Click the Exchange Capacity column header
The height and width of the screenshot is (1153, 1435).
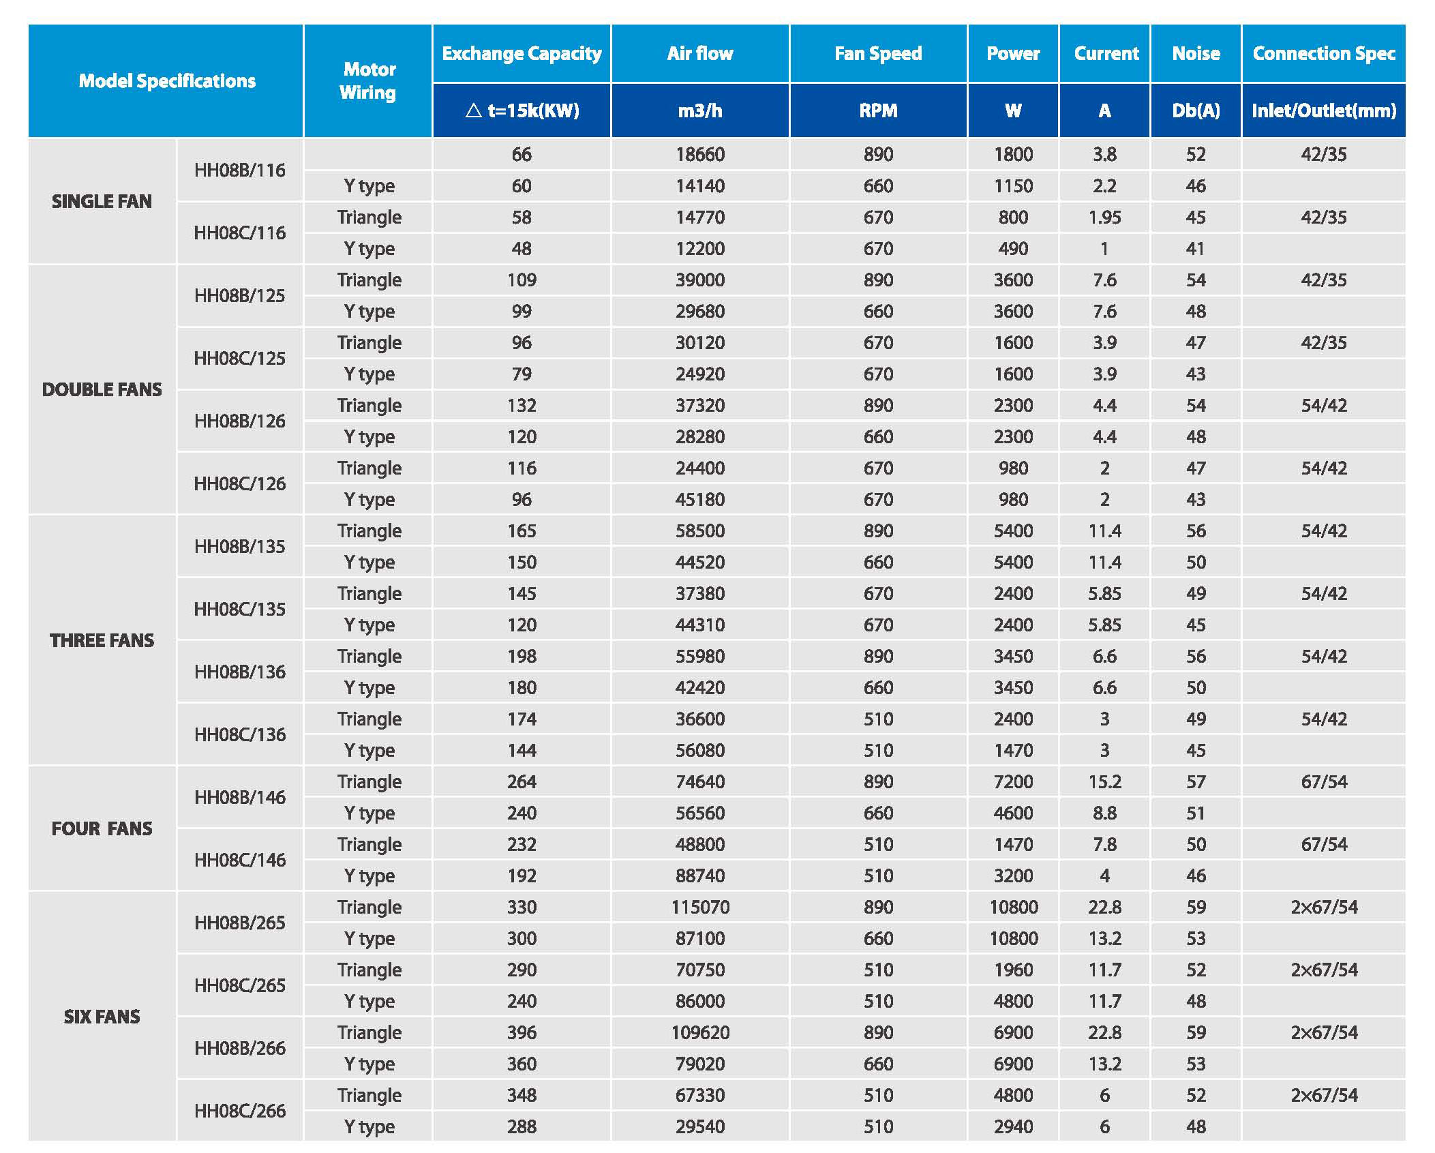tap(522, 53)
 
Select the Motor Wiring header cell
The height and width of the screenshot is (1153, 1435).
tap(368, 80)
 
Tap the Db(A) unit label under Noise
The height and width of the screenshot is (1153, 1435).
tap(1196, 110)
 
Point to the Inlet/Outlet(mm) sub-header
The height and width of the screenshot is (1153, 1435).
tap(1323, 110)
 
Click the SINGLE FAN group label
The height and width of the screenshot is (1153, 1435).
tap(102, 201)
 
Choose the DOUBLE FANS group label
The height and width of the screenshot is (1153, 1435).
tap(102, 389)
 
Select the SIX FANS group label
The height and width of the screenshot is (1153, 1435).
tap(102, 1017)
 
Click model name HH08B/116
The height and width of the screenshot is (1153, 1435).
tap(239, 170)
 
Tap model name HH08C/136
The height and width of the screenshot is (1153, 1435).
tap(239, 734)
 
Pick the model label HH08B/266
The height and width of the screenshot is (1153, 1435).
tap(239, 1048)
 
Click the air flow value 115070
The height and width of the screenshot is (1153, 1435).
tap(700, 907)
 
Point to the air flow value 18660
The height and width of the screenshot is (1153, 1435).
tap(700, 154)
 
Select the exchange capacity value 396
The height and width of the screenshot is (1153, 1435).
tap(522, 1032)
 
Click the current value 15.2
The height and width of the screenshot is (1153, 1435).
tap(1104, 781)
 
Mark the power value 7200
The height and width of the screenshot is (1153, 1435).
tap(1013, 781)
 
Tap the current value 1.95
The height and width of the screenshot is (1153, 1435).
tap(1104, 217)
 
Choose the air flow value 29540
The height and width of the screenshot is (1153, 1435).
tap(700, 1126)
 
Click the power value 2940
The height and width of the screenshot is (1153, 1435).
tap(1013, 1126)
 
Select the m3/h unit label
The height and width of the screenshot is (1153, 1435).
tap(700, 110)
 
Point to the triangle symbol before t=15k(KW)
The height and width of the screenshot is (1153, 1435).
tap(474, 110)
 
